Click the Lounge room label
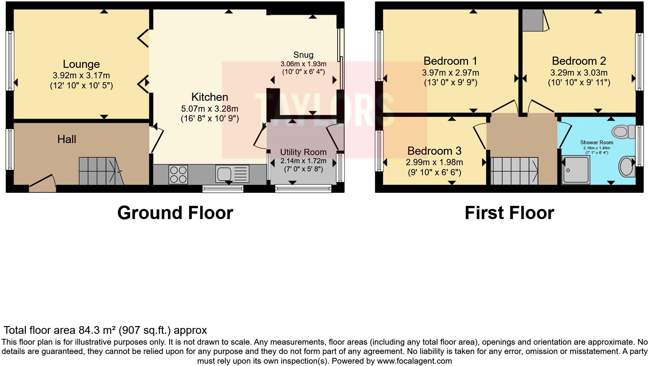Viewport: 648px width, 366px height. pos(81,64)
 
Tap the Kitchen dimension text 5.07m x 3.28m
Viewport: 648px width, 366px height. pos(209,109)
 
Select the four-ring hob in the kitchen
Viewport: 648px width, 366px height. pos(178,174)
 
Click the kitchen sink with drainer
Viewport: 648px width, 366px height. pos(233,174)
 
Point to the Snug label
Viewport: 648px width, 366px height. pos(303,55)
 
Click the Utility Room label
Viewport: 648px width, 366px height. pos(303,152)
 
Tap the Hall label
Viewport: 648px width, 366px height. pos(67,139)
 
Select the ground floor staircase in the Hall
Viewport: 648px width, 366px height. pos(99,171)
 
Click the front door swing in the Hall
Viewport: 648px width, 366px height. pos(43,184)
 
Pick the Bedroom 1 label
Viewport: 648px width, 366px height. pos(450,61)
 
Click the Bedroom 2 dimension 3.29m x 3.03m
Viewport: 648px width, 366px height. pos(579,73)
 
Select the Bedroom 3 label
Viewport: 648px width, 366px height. pos(434,150)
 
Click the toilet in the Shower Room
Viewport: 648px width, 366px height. pos(623,131)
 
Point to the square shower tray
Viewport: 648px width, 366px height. pos(576,169)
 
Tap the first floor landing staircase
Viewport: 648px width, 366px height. pos(514,171)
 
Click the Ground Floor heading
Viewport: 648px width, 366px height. pos(175,213)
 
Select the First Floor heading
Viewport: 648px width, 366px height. pos(509,213)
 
